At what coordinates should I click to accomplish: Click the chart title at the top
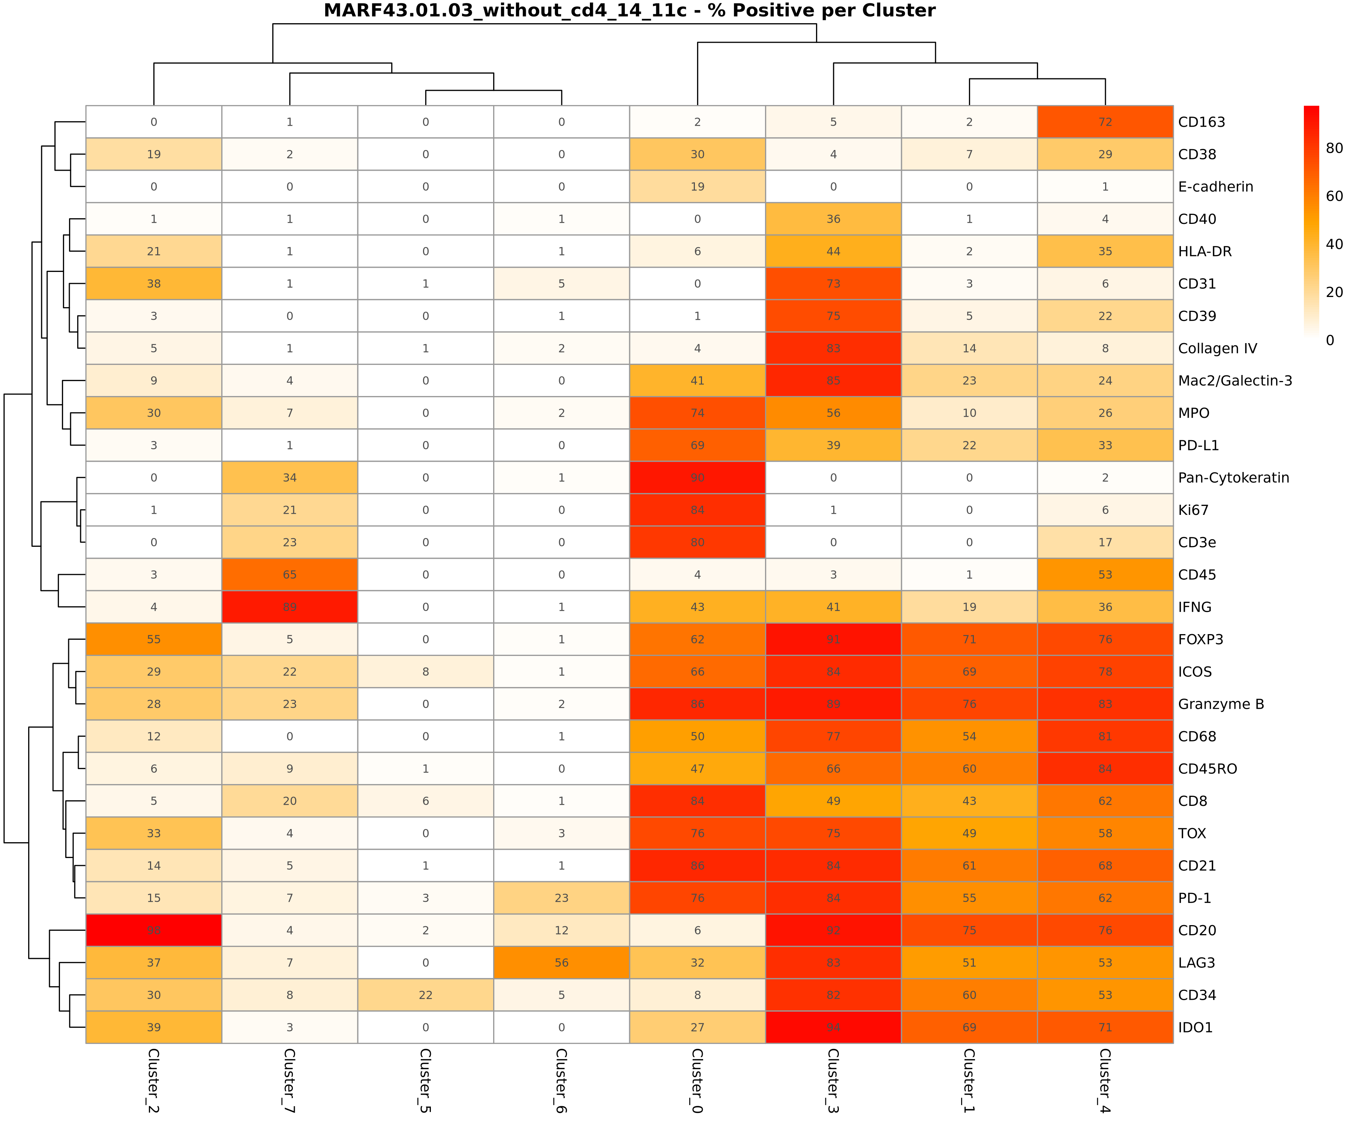[x=629, y=11]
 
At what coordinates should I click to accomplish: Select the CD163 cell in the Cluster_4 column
[x=1105, y=122]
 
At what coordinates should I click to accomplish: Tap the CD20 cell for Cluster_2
[x=154, y=930]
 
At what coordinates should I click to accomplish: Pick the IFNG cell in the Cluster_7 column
[x=289, y=607]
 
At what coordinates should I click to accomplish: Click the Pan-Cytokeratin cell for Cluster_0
[x=697, y=478]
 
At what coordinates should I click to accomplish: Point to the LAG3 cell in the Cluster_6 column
[x=561, y=962]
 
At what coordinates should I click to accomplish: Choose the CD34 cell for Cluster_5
[x=426, y=995]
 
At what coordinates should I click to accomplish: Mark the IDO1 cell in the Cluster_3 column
[x=833, y=1027]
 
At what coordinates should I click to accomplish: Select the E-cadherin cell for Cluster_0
[x=697, y=186]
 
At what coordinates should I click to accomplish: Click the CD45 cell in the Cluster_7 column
[x=289, y=575]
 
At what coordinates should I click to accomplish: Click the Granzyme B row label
[x=1221, y=704]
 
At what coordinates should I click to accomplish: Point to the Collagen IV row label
[x=1217, y=348]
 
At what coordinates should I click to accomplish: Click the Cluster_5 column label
[x=426, y=1080]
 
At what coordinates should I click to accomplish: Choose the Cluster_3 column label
[x=833, y=1080]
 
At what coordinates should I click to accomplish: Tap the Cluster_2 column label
[x=154, y=1080]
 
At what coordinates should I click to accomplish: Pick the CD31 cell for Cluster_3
[x=833, y=283]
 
